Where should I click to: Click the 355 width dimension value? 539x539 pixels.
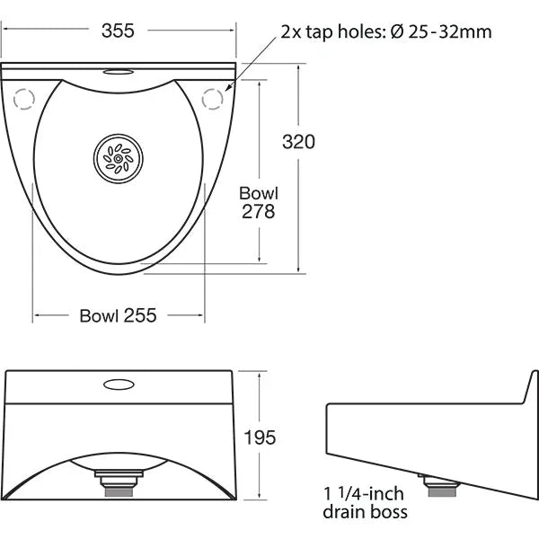[117, 31]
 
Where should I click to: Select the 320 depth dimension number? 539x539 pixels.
[299, 142]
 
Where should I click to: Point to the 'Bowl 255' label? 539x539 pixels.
[118, 315]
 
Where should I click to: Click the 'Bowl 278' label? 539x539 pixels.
[259, 202]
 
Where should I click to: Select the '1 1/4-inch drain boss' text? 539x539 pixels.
[365, 503]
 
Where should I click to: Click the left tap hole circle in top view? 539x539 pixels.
[24, 99]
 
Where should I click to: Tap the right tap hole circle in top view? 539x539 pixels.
[214, 99]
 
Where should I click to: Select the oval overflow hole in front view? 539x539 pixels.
[119, 384]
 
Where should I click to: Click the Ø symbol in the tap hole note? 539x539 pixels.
[398, 31]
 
